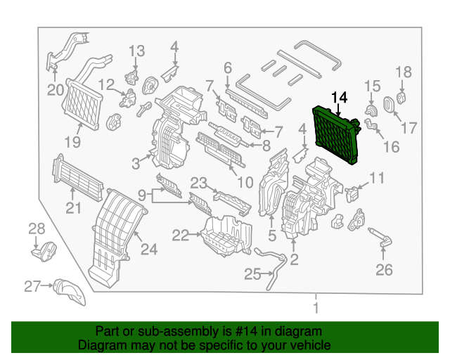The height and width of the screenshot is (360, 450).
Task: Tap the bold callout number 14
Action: [339, 96]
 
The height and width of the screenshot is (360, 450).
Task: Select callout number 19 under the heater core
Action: [73, 143]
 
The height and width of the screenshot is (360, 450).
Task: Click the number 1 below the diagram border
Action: [316, 307]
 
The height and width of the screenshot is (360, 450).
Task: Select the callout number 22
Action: [181, 235]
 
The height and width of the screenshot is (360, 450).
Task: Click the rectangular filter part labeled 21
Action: [77, 176]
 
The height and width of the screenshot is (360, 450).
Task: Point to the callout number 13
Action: [136, 51]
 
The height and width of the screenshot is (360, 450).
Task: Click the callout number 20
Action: [56, 89]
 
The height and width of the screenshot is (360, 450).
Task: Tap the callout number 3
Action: [136, 163]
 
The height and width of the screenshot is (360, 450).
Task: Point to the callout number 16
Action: [390, 147]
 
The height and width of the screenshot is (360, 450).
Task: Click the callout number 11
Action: [378, 179]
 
